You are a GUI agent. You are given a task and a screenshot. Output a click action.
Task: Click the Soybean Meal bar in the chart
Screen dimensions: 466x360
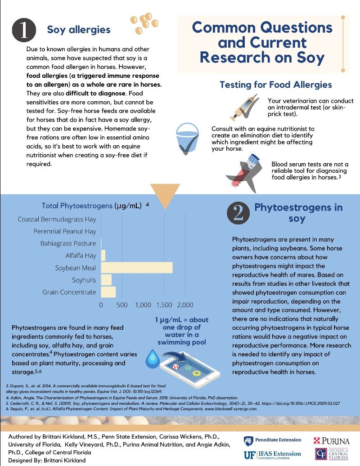137,268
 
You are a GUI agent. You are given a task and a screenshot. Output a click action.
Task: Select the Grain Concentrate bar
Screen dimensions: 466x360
108,292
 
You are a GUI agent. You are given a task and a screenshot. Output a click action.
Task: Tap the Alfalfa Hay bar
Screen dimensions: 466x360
103,255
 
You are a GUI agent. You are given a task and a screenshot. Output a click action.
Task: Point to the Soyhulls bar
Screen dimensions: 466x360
106,280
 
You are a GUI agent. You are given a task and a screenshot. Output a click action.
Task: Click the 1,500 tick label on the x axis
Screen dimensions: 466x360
164,305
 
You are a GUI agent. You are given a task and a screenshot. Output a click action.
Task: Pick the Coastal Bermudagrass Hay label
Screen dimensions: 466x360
57,220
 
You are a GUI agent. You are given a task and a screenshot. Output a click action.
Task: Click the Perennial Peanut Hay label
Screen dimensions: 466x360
65,231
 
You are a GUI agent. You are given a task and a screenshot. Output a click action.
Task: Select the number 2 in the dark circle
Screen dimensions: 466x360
238,213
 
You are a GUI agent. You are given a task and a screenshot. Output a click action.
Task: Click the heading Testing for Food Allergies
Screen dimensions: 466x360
275,85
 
